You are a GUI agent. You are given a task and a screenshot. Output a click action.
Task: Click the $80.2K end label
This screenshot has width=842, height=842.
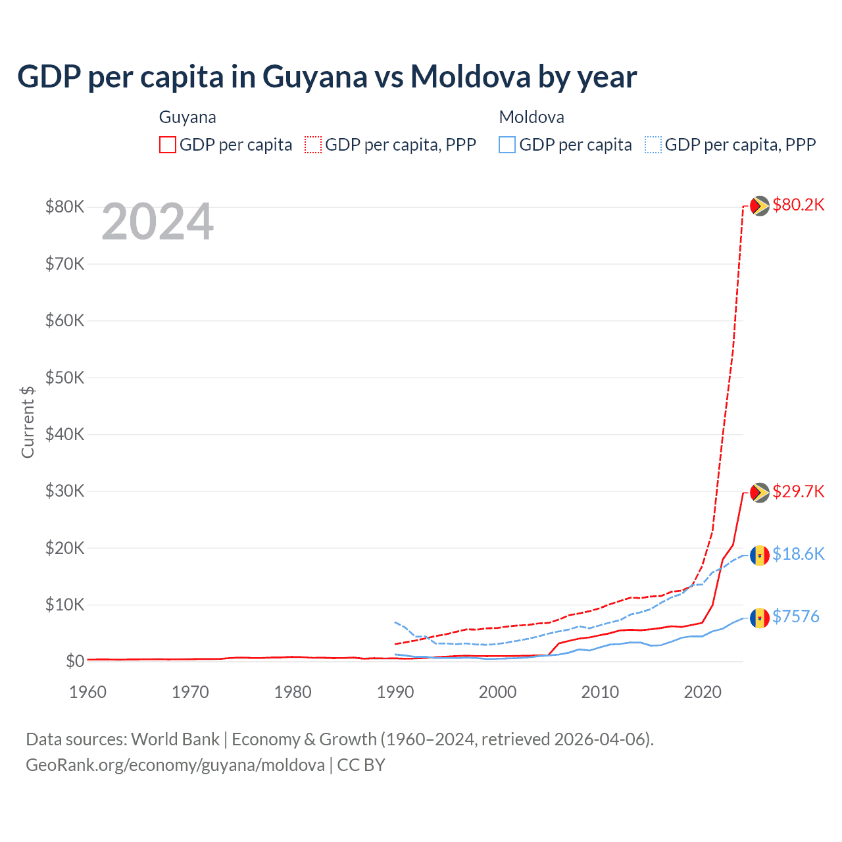click(798, 205)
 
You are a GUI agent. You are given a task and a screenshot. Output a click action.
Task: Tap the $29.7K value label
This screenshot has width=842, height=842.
click(798, 491)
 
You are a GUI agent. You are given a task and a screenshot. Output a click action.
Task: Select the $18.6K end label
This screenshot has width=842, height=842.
click(798, 554)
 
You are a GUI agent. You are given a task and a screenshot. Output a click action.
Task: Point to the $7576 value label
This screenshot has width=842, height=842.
click(795, 616)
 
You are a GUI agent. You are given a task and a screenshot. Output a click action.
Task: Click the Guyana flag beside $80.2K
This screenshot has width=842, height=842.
click(760, 206)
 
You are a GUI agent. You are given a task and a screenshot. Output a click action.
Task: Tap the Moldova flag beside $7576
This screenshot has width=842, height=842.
click(760, 618)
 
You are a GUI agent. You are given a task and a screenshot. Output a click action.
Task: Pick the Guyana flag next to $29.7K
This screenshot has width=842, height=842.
click(760, 493)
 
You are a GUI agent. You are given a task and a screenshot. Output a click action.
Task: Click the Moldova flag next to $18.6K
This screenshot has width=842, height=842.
click(760, 555)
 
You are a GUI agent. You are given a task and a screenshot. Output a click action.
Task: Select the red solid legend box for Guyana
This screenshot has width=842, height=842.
click(168, 145)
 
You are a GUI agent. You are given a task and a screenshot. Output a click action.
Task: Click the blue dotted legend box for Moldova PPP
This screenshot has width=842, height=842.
click(653, 145)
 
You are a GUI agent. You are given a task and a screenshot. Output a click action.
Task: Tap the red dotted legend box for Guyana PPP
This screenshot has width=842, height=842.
click(313, 145)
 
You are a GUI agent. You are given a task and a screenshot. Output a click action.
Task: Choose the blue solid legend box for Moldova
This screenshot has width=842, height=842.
click(507, 145)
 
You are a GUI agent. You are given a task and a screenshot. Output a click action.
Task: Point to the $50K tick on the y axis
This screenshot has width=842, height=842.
click(64, 378)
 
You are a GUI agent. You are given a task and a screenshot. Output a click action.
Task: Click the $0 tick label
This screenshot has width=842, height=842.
click(75, 661)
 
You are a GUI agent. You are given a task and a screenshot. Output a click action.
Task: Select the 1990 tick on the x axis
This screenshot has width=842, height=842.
click(395, 692)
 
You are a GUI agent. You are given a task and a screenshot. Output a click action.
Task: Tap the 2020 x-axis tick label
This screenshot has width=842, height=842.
click(703, 692)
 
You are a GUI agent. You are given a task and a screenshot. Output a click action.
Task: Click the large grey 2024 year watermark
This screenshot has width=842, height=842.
click(158, 222)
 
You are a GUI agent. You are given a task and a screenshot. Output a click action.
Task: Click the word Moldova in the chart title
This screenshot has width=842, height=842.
click(470, 76)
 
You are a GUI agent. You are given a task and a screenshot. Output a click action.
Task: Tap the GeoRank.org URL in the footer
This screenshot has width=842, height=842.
click(175, 765)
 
